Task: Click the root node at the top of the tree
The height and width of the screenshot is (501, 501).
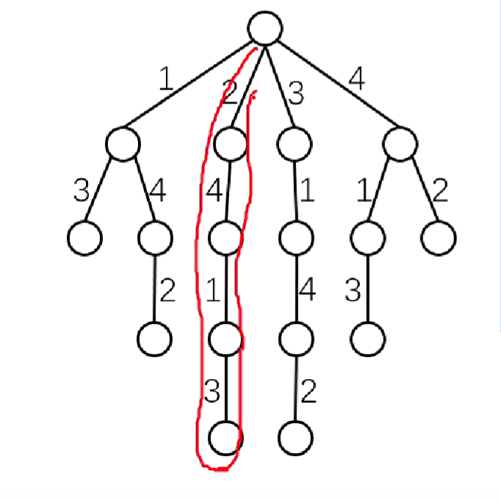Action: pyautogui.click(x=265, y=27)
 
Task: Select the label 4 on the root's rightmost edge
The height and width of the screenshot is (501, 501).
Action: pyautogui.click(x=356, y=79)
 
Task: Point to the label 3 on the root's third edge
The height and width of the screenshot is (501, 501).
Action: pyautogui.click(x=295, y=94)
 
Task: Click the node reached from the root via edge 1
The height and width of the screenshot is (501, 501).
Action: pyautogui.click(x=123, y=144)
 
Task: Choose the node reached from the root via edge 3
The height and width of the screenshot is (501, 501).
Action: pyautogui.click(x=294, y=144)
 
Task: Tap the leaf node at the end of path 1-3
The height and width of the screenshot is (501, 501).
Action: pyautogui.click(x=84, y=238)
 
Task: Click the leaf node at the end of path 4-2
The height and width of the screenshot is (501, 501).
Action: pyautogui.click(x=439, y=238)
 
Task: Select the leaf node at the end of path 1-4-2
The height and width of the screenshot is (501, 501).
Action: pyautogui.click(x=154, y=338)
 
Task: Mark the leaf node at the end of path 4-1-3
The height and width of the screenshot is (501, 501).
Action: pyautogui.click(x=367, y=338)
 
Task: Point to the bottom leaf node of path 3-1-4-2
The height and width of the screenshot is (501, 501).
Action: pyautogui.click(x=295, y=438)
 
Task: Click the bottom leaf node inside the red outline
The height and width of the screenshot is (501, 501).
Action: pyautogui.click(x=226, y=438)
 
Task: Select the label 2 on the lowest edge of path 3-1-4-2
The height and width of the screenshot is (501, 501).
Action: pyautogui.click(x=309, y=393)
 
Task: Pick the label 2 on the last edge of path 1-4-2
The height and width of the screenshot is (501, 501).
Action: pyautogui.click(x=167, y=292)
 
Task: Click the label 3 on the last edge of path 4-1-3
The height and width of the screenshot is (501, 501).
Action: pyautogui.click(x=353, y=292)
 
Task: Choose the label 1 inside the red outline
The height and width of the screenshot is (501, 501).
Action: pyautogui.click(x=212, y=292)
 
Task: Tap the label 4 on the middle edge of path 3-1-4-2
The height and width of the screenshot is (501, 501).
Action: pyautogui.click(x=307, y=292)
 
